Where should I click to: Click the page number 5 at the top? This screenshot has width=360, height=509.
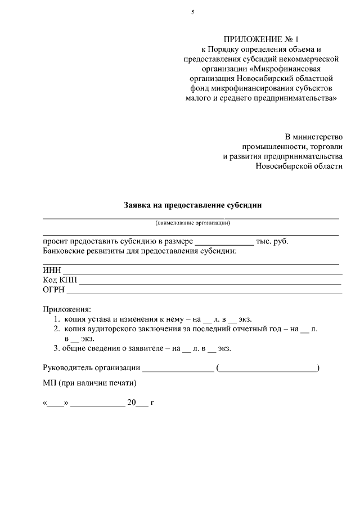coord(192,12)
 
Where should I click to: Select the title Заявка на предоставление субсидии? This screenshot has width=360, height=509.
coord(193,205)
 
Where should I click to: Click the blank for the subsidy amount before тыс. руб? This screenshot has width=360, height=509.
coord(224,241)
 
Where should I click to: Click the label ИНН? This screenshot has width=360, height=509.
coord(51,271)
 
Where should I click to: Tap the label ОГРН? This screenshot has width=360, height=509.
coord(54,290)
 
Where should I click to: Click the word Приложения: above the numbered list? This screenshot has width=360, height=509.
coord(66,309)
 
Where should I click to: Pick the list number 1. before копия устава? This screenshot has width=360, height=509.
coord(57,319)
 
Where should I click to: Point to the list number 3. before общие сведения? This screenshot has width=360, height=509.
coord(57,348)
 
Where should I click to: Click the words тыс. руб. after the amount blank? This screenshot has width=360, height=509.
coord(272,241)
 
